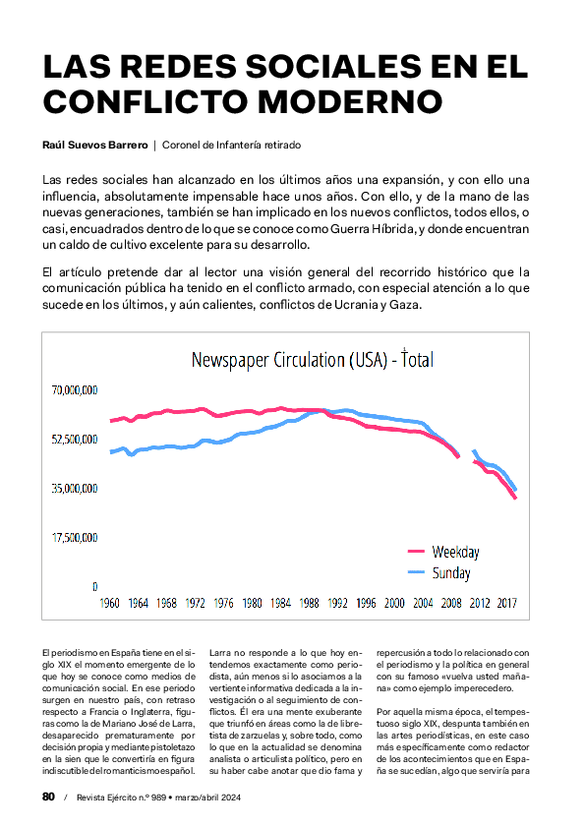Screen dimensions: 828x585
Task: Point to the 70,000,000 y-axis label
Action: pos(74,390)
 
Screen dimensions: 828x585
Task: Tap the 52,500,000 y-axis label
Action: pos(74,439)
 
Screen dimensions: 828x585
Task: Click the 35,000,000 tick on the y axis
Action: pos(74,488)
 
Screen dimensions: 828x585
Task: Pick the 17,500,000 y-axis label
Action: pos(74,537)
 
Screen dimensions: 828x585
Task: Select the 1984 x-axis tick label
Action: pos(280,603)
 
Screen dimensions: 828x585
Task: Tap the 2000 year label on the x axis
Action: pos(394,603)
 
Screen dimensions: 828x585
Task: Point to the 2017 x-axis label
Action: pos(507,603)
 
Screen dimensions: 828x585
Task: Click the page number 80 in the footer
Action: pos(48,797)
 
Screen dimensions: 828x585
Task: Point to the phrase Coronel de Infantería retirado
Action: pos(230,145)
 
